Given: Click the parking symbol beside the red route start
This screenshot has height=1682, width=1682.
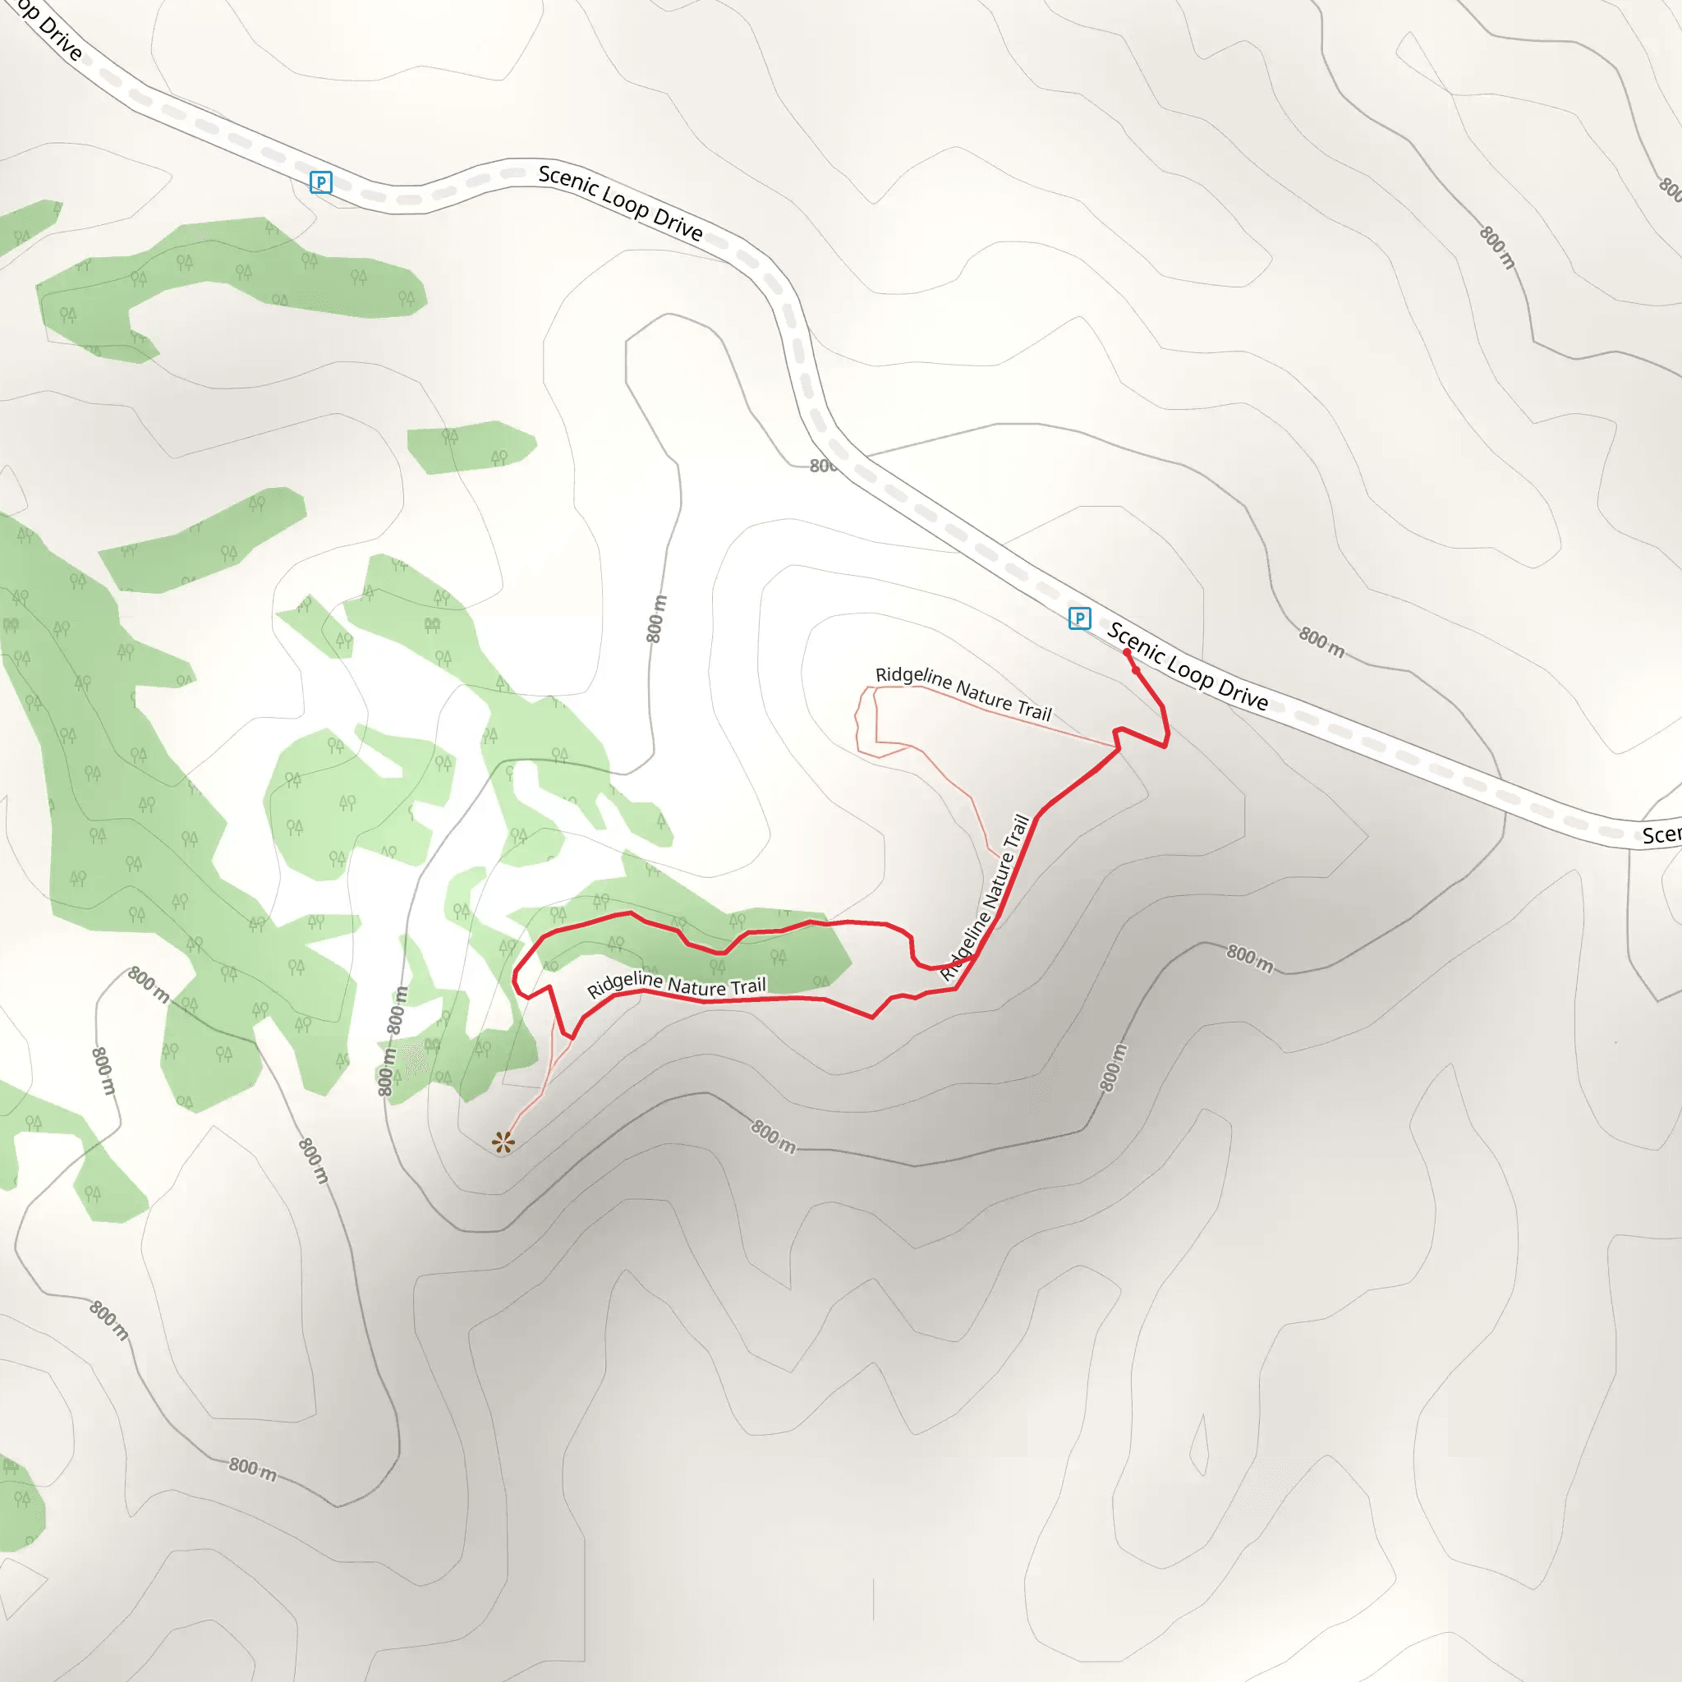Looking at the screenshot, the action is (1079, 618).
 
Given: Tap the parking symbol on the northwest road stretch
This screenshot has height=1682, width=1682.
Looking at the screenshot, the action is (320, 182).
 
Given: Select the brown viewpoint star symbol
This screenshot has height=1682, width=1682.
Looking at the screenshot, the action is (503, 1142).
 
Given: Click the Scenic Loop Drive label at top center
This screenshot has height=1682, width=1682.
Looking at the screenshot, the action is (620, 202).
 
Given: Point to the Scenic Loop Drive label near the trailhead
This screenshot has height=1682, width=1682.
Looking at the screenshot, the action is (1188, 667).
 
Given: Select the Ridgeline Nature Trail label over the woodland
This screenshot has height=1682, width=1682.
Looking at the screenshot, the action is (677, 986).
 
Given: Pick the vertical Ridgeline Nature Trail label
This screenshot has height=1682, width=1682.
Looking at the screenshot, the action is (986, 898).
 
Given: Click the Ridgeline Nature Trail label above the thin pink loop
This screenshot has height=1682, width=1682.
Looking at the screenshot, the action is (963, 693).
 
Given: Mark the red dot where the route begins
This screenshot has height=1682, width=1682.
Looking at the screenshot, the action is (1127, 652).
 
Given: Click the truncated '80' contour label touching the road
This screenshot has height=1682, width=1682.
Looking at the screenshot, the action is (822, 466).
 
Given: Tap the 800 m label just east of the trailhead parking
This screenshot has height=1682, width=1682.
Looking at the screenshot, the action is (1321, 642).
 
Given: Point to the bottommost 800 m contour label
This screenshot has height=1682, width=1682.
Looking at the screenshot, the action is (252, 1469).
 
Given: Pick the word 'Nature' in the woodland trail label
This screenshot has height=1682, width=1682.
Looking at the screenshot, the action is (696, 986).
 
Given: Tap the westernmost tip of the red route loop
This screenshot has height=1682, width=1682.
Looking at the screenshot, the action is (513, 981).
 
